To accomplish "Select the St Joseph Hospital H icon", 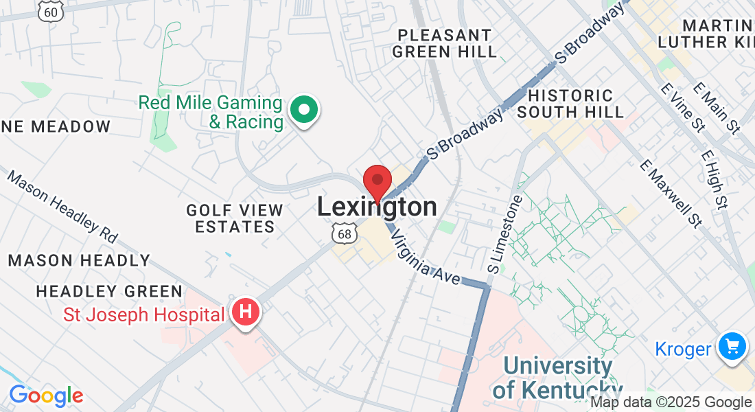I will point(246,313).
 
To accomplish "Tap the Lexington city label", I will point(377,207).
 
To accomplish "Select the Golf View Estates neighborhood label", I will point(235,218).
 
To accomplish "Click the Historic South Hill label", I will point(571,103).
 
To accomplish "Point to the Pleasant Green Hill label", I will point(445,43).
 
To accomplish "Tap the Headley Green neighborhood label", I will point(109,292).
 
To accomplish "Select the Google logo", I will point(46,396).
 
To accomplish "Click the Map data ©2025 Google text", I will point(671,402).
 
